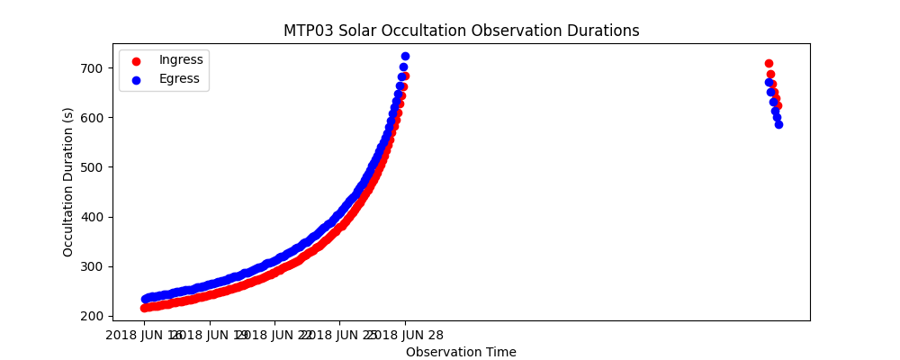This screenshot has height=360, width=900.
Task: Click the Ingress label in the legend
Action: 181,60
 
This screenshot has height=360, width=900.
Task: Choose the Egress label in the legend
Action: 179,79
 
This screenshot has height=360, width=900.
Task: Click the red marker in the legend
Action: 136,61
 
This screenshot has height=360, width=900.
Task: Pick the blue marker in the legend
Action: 136,80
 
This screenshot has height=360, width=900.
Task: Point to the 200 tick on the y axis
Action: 94,316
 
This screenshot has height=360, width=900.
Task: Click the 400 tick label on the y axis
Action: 94,217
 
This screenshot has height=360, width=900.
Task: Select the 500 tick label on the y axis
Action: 94,167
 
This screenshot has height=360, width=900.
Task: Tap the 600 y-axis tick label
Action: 94,118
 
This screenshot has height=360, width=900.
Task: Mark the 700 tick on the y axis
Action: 94,68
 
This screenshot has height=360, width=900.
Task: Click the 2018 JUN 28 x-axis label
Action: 405,336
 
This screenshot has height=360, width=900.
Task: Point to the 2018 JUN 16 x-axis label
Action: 145,336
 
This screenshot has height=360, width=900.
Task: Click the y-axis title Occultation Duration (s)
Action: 68,182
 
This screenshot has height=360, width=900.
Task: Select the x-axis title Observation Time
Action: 461,352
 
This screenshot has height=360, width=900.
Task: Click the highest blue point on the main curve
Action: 405,56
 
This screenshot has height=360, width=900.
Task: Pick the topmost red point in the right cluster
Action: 769,63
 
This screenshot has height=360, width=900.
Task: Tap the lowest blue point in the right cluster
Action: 778,124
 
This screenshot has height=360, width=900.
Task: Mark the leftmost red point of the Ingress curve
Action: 144,308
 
